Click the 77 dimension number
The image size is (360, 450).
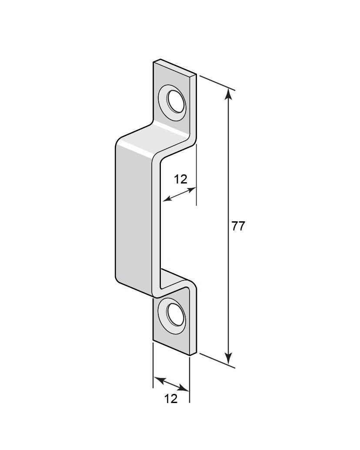238,227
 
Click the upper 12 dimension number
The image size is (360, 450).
180,180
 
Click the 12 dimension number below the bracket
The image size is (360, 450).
171,399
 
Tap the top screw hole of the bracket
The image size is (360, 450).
175,101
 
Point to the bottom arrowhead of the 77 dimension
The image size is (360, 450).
228,358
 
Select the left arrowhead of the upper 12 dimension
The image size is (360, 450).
167,198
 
